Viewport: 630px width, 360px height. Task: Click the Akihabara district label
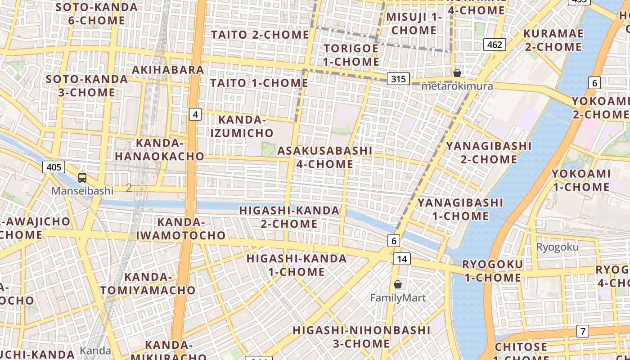(168, 70)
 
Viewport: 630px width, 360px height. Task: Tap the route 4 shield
(195, 114)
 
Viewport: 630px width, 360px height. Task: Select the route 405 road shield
(54, 167)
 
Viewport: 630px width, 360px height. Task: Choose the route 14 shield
(401, 259)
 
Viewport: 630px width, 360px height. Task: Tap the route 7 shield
(583, 332)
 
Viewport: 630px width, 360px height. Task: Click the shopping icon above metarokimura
(457, 72)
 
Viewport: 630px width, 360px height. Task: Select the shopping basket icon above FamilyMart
(398, 284)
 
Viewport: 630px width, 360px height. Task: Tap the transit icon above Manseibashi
(82, 177)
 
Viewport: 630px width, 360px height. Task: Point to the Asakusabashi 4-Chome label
(325, 157)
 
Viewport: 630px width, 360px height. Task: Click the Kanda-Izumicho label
(242, 126)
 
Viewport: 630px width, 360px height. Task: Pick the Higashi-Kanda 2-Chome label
(289, 217)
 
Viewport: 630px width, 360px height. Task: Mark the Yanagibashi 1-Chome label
(460, 209)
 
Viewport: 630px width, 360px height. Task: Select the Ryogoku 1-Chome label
(493, 271)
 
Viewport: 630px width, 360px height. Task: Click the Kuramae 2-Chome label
(553, 40)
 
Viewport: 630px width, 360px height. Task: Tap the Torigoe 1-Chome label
(351, 55)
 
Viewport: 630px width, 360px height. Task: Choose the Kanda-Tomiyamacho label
(148, 283)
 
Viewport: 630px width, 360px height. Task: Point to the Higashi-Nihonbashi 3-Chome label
(361, 337)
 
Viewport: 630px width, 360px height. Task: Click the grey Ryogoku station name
(557, 247)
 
